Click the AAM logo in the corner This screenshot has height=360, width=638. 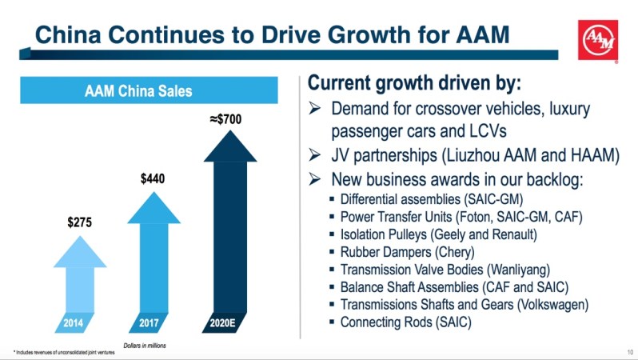point(598,40)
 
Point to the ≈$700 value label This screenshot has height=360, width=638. point(225,120)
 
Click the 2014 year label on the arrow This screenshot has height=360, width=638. point(78,322)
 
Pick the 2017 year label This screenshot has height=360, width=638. point(148,322)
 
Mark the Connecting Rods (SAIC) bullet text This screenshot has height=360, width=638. point(406,322)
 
